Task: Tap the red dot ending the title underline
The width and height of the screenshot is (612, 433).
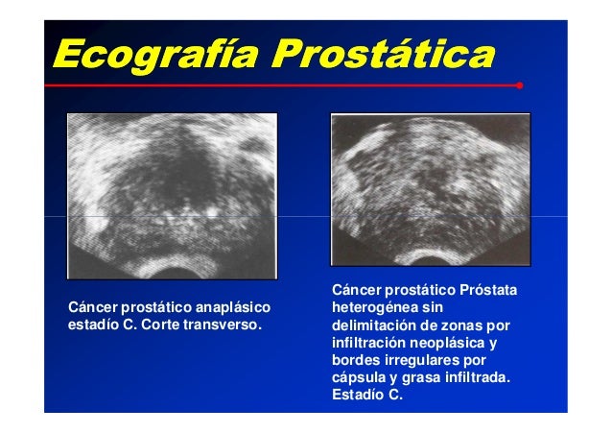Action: tap(519, 85)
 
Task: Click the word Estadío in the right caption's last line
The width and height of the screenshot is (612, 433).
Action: tap(358, 394)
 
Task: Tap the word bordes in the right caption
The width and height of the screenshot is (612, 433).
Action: tap(353, 359)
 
